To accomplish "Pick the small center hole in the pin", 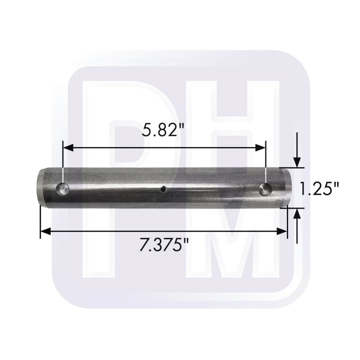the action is tap(163, 189).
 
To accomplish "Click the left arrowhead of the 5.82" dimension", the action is tap(68, 148).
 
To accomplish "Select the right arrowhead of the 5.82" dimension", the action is tap(260, 148).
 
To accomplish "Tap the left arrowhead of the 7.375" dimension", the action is tap(46, 231).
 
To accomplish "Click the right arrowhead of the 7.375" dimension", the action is tap(282, 231).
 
